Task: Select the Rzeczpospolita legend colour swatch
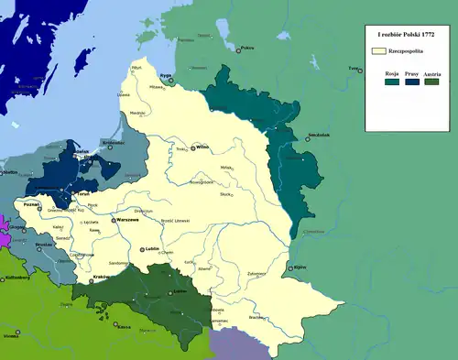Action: [x=378, y=51]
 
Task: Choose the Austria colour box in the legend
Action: [x=431, y=82]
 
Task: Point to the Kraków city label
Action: [x=104, y=277]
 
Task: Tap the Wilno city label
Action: [x=203, y=147]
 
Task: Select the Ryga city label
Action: [x=166, y=77]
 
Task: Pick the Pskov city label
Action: [x=245, y=49]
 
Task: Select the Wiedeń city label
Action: [x=11, y=336]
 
